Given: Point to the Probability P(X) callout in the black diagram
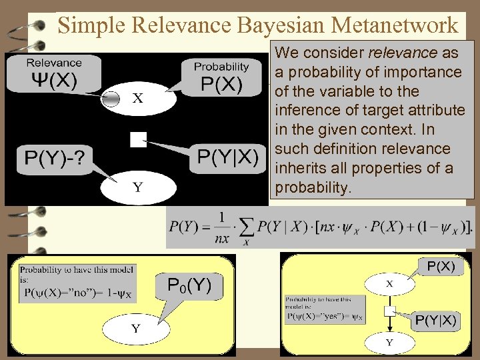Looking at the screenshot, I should (221, 78).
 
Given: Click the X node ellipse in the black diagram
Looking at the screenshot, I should (137, 99).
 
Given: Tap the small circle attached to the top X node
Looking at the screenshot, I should (112, 99).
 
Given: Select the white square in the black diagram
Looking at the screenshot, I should (138, 139).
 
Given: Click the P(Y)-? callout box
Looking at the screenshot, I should (53, 159).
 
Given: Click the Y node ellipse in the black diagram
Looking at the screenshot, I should (137, 187).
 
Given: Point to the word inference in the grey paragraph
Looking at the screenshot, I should (303, 109).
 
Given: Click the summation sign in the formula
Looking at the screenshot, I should (247, 228).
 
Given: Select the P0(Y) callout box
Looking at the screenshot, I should (189, 287).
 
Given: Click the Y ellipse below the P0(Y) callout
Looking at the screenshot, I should (136, 328).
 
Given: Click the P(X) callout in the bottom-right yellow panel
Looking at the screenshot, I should (440, 266).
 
